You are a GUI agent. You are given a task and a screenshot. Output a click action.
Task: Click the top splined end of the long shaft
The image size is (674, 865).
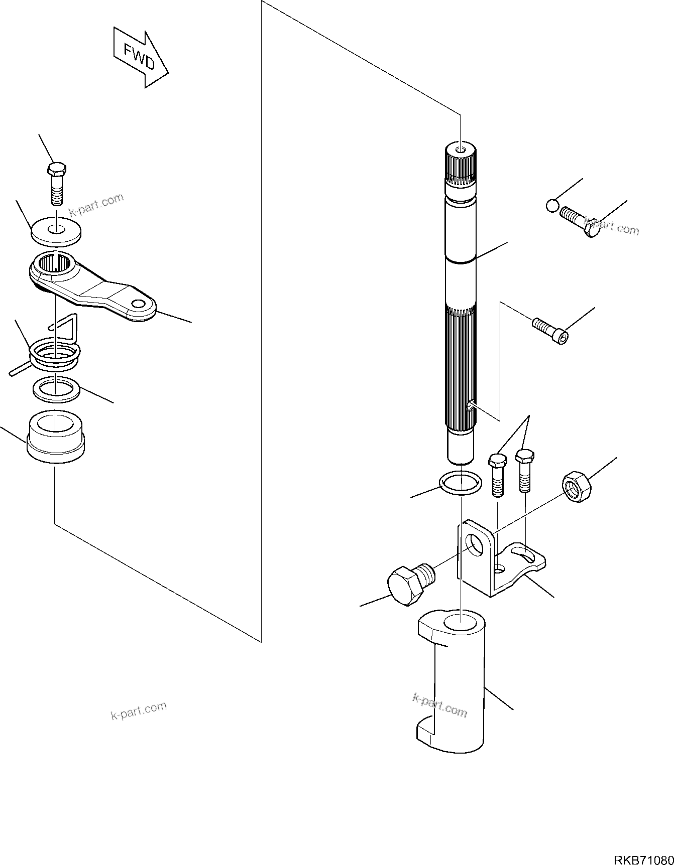coord(460,166)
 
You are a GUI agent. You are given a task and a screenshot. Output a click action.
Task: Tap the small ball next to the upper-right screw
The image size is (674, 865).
coord(551,205)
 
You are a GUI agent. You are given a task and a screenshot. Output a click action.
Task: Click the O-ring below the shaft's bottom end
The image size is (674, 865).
coord(460,483)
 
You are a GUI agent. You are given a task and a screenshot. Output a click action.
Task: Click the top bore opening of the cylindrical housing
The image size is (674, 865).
coord(460,622)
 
